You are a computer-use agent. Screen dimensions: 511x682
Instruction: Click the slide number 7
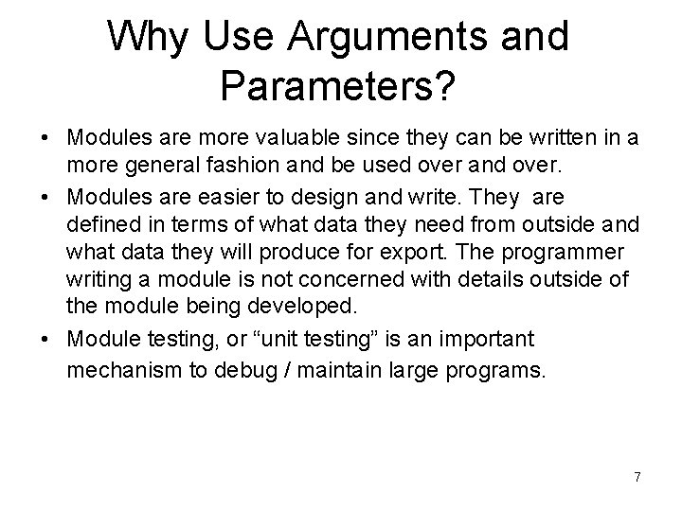point(637,477)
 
